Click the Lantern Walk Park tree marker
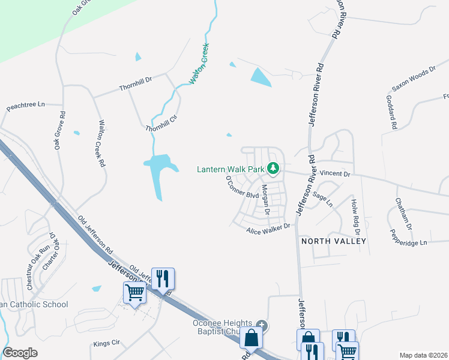pos(274,169)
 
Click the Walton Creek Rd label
pos(101,148)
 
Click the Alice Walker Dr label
pos(268,228)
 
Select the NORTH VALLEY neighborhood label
pos(334,241)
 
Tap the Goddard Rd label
pos(392,113)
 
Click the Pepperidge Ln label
pos(408,238)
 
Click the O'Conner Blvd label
pos(242,188)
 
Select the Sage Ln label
pos(322,200)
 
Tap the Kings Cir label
pos(107,344)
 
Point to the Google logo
pos(20,353)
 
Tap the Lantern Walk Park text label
pos(231,170)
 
